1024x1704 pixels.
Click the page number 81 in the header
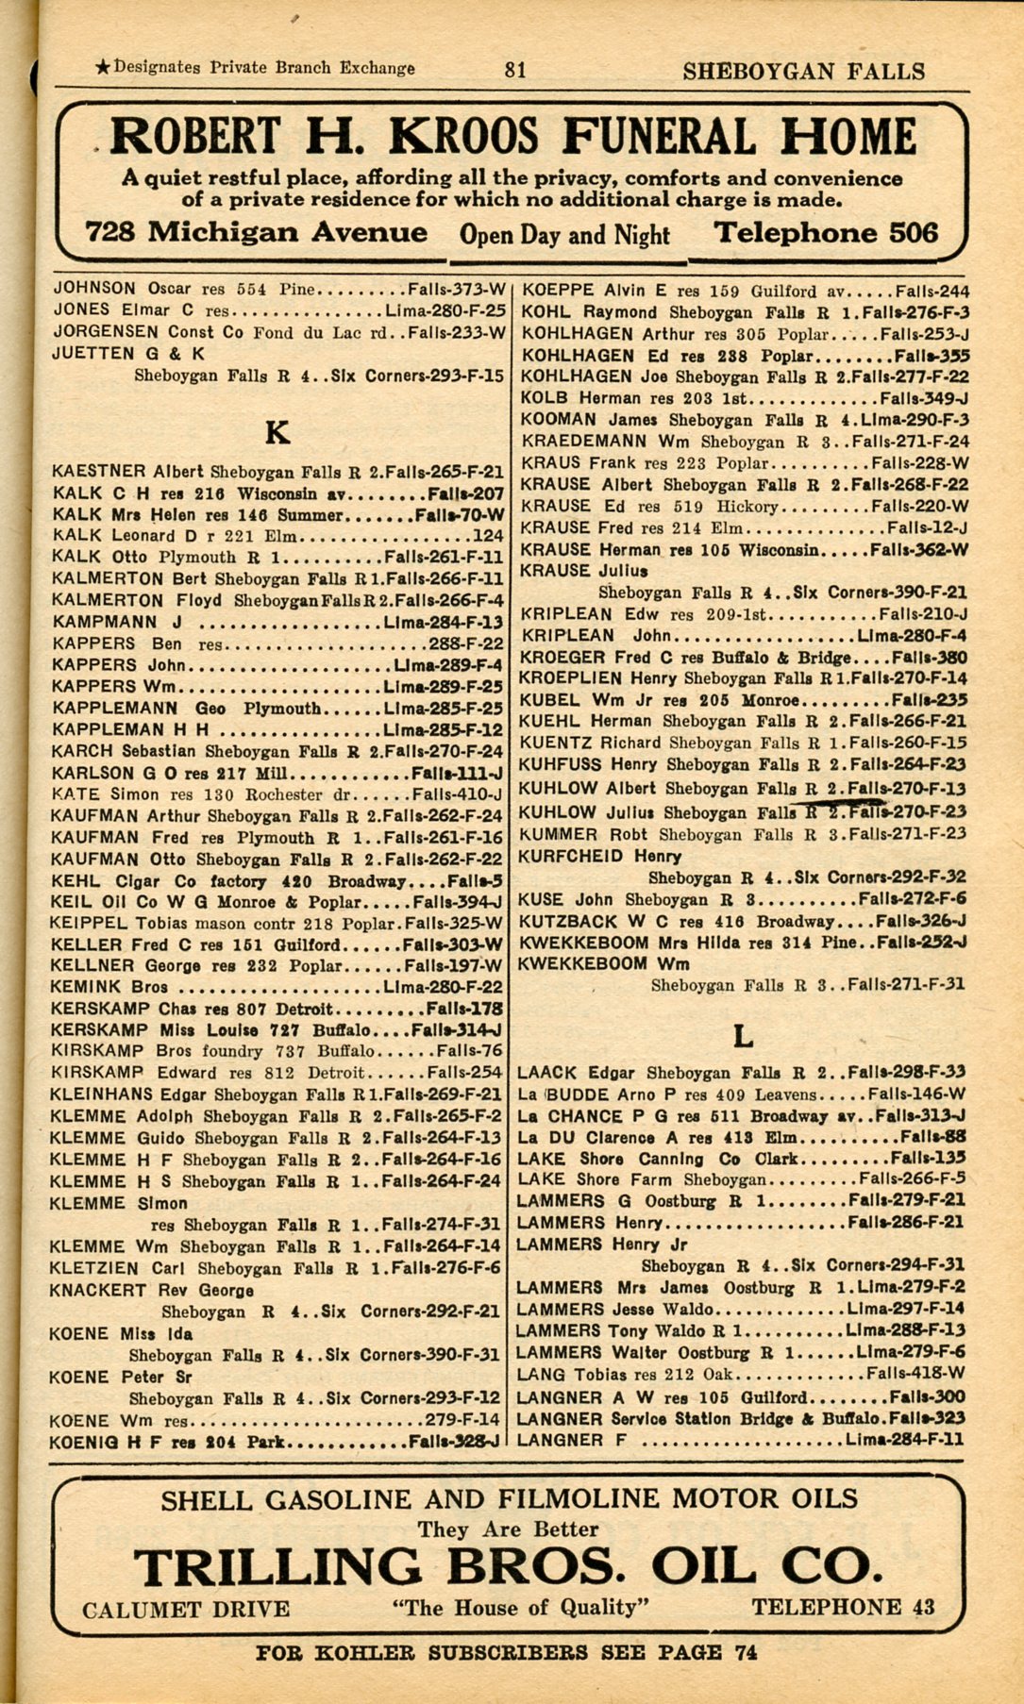(515, 70)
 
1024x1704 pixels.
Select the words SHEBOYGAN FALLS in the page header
(803, 72)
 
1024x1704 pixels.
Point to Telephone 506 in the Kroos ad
(826, 233)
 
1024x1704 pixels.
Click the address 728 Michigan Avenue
(256, 233)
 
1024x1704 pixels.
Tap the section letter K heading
(277, 433)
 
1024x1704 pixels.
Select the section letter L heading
(744, 1037)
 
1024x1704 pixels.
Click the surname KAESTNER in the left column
(99, 471)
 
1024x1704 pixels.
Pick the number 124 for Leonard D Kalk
(488, 536)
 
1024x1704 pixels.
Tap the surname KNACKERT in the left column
(97, 1290)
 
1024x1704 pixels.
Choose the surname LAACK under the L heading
(547, 1073)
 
